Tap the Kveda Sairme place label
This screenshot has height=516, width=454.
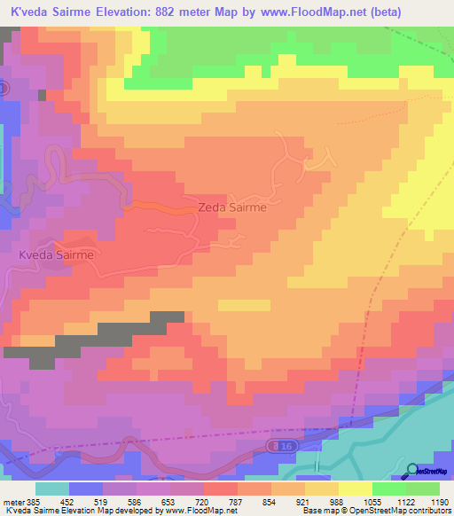pos(55,254)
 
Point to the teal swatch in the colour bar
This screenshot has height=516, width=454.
pos(51,489)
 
